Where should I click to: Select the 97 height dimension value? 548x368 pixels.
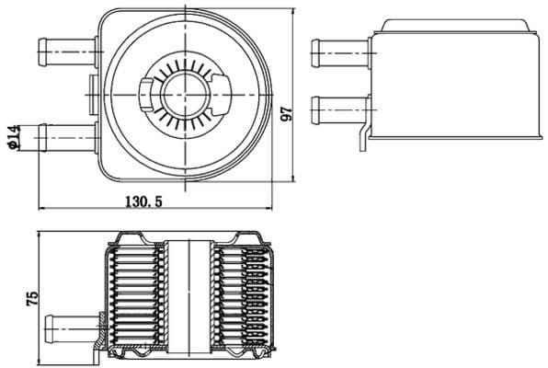coord(287,111)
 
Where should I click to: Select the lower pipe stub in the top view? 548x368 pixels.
coord(64,134)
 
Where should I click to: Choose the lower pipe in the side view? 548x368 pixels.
coord(340,108)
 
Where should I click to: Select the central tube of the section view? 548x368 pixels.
coord(190,294)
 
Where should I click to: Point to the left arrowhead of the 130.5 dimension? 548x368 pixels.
coord(41,209)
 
